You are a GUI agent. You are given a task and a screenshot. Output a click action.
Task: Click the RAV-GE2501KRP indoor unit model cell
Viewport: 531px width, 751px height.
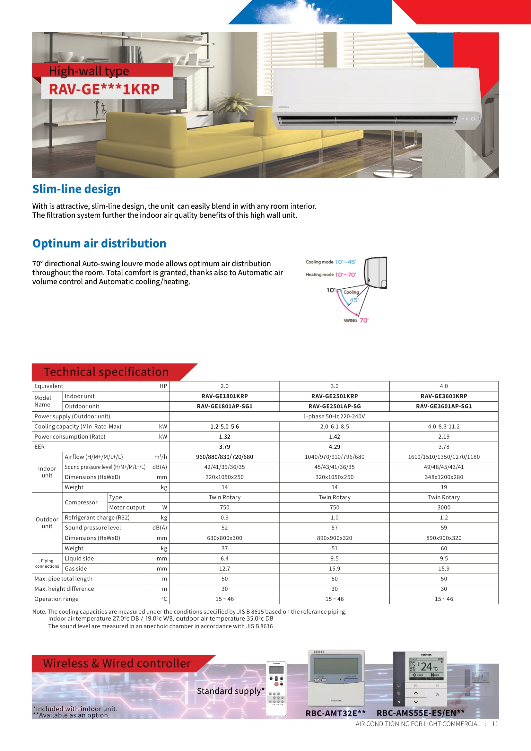click(335, 396)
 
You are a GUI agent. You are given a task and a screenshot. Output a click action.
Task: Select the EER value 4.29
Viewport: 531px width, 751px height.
click(335, 447)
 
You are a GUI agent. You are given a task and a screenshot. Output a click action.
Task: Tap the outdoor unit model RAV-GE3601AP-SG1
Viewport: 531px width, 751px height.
click(444, 406)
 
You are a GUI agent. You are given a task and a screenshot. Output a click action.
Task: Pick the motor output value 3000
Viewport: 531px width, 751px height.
click(444, 507)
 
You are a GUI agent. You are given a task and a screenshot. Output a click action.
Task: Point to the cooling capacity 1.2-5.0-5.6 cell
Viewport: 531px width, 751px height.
click(225, 426)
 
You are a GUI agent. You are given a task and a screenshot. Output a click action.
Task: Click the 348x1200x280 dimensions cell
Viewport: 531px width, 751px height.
click(444, 477)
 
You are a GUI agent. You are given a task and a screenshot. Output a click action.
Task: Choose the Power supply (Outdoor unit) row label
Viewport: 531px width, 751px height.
click(72, 416)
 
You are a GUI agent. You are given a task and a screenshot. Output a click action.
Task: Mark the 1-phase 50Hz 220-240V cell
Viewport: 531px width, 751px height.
click(334, 416)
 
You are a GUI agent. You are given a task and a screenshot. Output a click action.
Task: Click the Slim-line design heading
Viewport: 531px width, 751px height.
click(76, 189)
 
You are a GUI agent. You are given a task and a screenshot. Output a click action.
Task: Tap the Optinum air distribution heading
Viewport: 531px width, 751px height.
click(100, 244)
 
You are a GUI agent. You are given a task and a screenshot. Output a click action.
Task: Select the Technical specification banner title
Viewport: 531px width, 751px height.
click(106, 372)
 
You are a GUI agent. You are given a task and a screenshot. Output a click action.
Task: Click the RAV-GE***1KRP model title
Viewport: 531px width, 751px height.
click(104, 89)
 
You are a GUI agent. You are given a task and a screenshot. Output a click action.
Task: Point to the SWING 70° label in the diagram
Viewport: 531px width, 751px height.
click(356, 320)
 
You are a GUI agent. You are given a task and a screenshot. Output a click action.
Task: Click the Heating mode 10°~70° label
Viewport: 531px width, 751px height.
click(331, 275)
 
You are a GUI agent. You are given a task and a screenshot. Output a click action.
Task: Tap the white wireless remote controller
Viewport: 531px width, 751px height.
click(277, 688)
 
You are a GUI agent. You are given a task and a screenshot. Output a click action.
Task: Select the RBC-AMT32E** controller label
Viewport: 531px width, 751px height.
click(335, 713)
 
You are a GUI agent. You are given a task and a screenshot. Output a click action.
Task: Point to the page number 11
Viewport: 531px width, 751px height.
click(495, 724)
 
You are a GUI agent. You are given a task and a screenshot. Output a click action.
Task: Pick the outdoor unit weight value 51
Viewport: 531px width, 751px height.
click(335, 548)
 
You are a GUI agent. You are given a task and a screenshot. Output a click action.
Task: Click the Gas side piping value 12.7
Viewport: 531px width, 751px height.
click(225, 569)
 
